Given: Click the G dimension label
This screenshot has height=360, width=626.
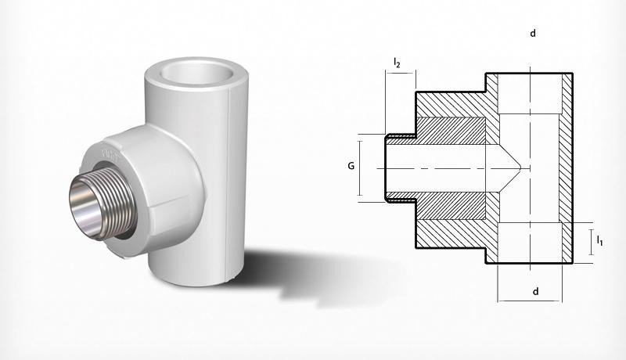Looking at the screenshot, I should click(351, 166).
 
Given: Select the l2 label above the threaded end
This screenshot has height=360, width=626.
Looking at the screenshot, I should click(398, 62).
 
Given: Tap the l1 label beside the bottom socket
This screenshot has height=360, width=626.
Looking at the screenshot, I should click(599, 240).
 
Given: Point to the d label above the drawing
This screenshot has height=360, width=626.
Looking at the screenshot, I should click(533, 34).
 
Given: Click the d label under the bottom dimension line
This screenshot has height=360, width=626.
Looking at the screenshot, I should click(535, 292).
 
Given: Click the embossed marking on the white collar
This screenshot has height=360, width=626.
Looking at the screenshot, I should click(109, 151).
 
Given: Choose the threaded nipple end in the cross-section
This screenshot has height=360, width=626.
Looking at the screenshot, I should click(401, 167).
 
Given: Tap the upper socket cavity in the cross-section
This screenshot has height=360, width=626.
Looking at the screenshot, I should click(532, 94).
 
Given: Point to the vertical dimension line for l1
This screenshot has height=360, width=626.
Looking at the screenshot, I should click(589, 241).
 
